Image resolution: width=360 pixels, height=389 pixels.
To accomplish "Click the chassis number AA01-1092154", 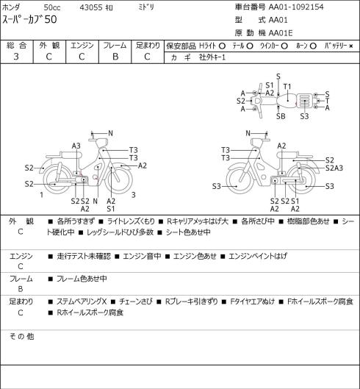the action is [296, 7].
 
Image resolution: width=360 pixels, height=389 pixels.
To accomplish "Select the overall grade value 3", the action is [16, 57].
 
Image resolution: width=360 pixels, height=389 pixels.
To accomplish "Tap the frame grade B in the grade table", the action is [115, 57].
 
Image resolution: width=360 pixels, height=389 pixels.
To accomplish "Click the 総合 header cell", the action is [17, 46].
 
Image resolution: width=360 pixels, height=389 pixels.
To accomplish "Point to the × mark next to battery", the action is [351, 46].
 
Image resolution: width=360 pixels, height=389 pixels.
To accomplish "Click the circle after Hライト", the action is [222, 46].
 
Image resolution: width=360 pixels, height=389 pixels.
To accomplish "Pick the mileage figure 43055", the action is [91, 7].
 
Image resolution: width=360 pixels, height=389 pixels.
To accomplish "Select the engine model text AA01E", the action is [281, 33].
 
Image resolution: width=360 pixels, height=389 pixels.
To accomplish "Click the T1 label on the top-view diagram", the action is [287, 87].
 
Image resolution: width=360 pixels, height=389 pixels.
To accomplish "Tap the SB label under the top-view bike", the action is [281, 116].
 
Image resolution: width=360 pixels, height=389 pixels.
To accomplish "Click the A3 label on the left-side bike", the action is [76, 146].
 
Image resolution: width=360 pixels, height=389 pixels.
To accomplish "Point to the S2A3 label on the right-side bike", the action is [334, 168].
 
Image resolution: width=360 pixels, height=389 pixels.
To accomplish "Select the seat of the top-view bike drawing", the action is [286, 101].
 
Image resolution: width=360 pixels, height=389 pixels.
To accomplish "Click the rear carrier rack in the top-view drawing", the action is [305, 101].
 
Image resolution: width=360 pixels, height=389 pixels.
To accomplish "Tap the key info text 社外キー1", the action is [212, 57].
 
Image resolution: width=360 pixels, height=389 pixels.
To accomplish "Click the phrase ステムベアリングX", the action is [82, 301].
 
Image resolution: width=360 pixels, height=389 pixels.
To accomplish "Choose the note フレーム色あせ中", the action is [82, 279].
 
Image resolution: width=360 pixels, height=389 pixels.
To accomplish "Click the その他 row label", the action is [21, 336].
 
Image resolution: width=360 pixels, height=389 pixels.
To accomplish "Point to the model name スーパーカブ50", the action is [29, 20].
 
